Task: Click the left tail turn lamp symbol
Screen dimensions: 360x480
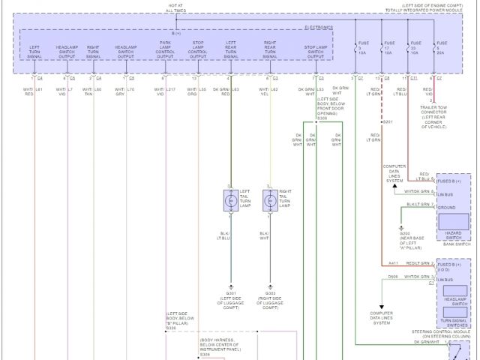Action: (230, 200)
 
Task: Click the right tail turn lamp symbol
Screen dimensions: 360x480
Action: (269, 200)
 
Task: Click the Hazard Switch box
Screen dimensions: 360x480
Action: (453, 222)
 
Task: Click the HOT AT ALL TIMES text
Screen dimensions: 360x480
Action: (176, 7)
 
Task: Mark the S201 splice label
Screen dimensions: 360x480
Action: (388, 121)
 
